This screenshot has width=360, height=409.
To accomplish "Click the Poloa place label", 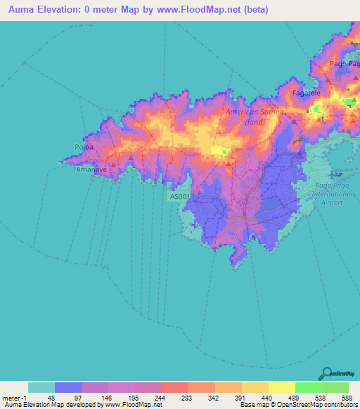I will point(79,147).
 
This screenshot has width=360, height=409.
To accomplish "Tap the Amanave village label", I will point(90,169).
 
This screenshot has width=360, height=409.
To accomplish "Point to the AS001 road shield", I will point(180,197).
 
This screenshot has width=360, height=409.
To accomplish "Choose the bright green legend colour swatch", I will point(308,387).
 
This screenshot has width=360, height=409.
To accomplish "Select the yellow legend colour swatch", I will point(281,387).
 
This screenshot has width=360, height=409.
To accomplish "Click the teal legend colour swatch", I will point(41,387).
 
